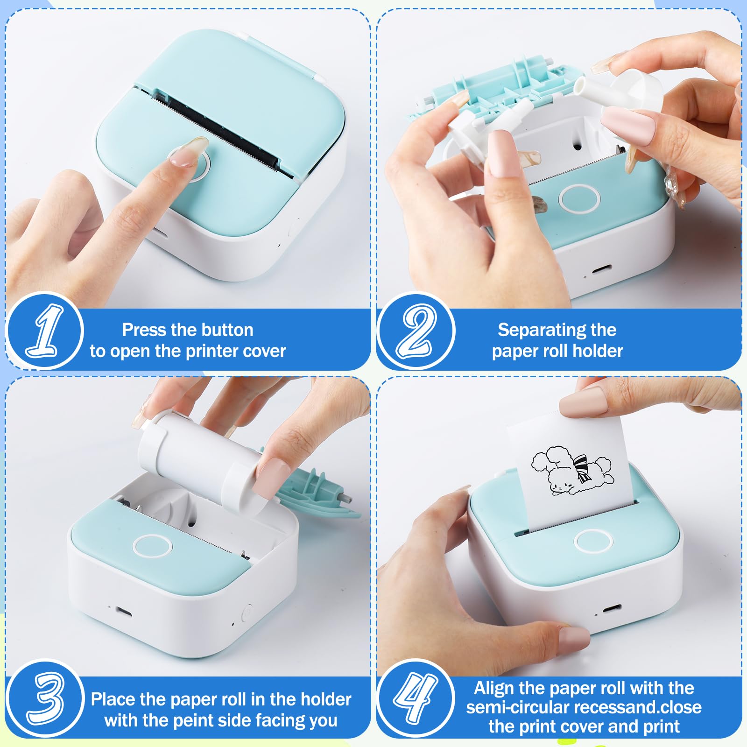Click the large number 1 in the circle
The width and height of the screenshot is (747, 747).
pos(45,331)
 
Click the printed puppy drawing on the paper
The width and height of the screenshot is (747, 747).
pos(572,471)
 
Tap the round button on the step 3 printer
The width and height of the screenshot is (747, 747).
pos(152,546)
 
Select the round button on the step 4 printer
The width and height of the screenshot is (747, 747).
pos(593,541)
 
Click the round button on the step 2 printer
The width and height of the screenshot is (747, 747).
pos(579,198)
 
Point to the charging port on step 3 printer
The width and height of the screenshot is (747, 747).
pos(123,612)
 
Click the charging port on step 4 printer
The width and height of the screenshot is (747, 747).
pos(612,608)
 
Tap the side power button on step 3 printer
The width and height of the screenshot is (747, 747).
pos(247,611)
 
